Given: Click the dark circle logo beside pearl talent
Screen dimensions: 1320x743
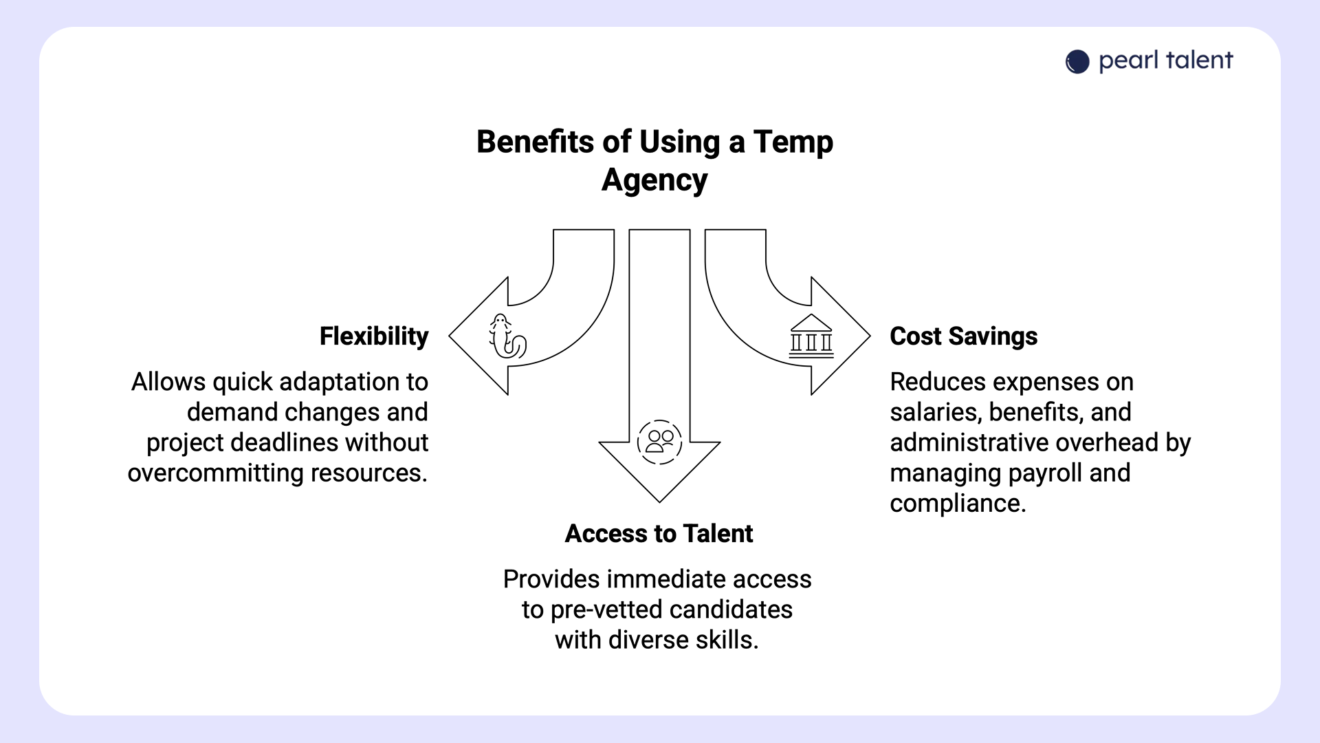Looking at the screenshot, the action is (x=1077, y=62).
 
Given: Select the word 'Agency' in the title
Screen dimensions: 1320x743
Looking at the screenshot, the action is (x=654, y=180).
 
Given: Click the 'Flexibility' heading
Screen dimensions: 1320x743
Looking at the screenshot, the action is (x=374, y=336).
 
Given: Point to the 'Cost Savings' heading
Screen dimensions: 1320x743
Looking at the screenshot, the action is (x=963, y=336).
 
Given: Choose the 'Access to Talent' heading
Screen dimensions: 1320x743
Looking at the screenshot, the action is (x=659, y=534).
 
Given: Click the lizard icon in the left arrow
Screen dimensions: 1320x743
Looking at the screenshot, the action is (x=507, y=337).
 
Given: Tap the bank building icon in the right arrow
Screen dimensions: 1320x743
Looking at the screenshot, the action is (x=811, y=337).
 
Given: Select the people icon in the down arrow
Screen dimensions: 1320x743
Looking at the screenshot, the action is (x=659, y=442).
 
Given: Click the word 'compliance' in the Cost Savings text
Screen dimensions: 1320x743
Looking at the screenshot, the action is (x=957, y=504).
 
